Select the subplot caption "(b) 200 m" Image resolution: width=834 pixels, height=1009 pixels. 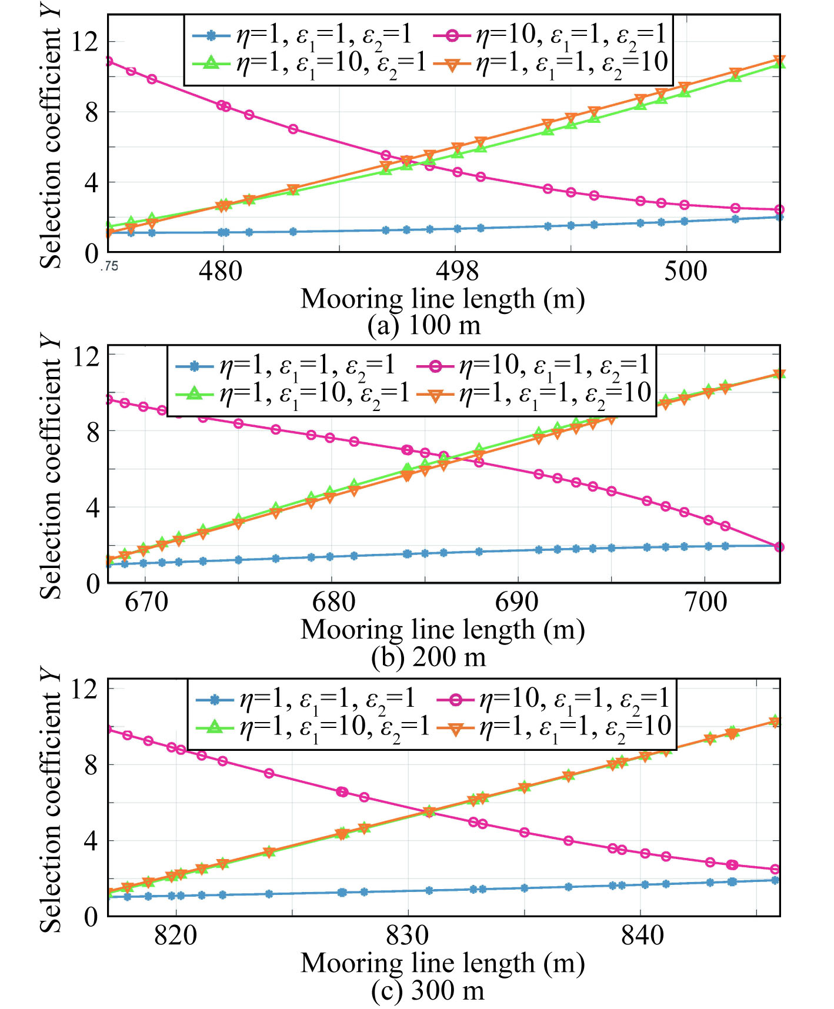pos(428,656)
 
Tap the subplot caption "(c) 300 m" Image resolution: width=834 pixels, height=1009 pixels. pos(428,990)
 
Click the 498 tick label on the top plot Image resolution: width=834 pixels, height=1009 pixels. pos(457,271)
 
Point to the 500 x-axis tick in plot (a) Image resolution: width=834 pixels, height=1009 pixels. pos(685,271)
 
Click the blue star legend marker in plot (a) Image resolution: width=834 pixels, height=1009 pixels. pos(211,35)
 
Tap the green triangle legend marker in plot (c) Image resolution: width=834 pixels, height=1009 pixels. pos(215,727)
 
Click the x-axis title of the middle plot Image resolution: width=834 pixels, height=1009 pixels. pos(442,629)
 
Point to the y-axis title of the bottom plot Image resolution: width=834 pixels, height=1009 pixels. pos(51,800)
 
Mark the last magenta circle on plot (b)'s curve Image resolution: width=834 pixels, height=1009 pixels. pos(779,547)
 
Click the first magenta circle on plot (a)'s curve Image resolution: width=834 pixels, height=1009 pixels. pos(109,61)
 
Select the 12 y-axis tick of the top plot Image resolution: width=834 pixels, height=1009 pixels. pos(84,42)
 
